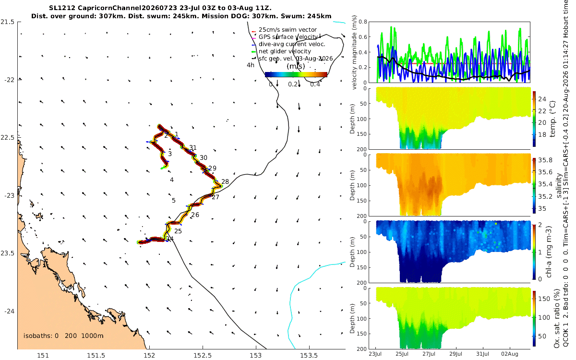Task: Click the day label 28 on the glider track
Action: (225, 181)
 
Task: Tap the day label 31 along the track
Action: (193, 148)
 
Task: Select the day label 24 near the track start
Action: (170, 239)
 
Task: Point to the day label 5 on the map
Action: (174, 200)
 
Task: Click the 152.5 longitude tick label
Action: (203, 355)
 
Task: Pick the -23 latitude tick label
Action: (9, 195)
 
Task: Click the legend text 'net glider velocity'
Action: (285, 51)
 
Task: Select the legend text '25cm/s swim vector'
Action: (288, 30)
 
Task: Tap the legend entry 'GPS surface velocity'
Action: (288, 37)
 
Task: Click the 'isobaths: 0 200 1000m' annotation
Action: (63, 336)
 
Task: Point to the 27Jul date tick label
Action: (429, 354)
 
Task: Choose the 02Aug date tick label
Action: (509, 354)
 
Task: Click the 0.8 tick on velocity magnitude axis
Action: (363, 22)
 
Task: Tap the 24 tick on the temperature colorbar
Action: (542, 99)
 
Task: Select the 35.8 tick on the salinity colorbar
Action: (545, 160)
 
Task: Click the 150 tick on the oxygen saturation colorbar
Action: (544, 299)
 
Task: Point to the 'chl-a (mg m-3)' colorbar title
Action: (549, 252)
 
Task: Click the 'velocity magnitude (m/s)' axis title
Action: (354, 52)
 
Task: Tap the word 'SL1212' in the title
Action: (62, 8)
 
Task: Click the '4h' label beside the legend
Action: (251, 65)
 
